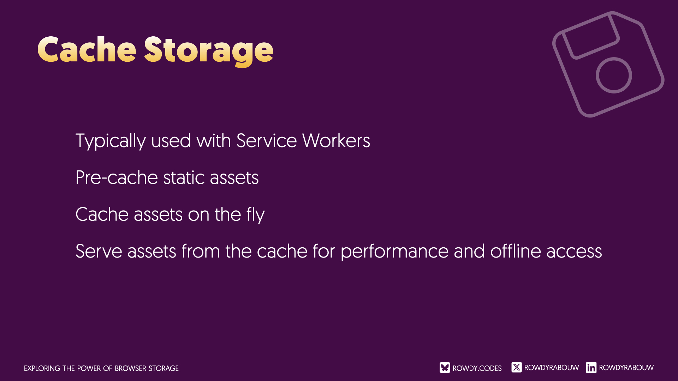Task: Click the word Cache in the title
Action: [x=87, y=50]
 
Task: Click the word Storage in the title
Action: [x=209, y=52]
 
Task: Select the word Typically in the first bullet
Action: [x=111, y=141]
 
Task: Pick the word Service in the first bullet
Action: [x=267, y=141]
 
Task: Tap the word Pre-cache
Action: [x=117, y=177]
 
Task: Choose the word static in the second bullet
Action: [x=184, y=177]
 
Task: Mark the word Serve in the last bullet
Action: [x=99, y=252]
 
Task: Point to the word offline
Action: [x=516, y=251]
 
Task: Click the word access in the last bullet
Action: [x=574, y=252]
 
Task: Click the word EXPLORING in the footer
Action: [x=42, y=368]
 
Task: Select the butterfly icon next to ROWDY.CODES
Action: [x=445, y=368]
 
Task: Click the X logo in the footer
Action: [x=517, y=367]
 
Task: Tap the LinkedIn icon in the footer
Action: [x=591, y=368]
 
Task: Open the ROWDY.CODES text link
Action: [x=477, y=368]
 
